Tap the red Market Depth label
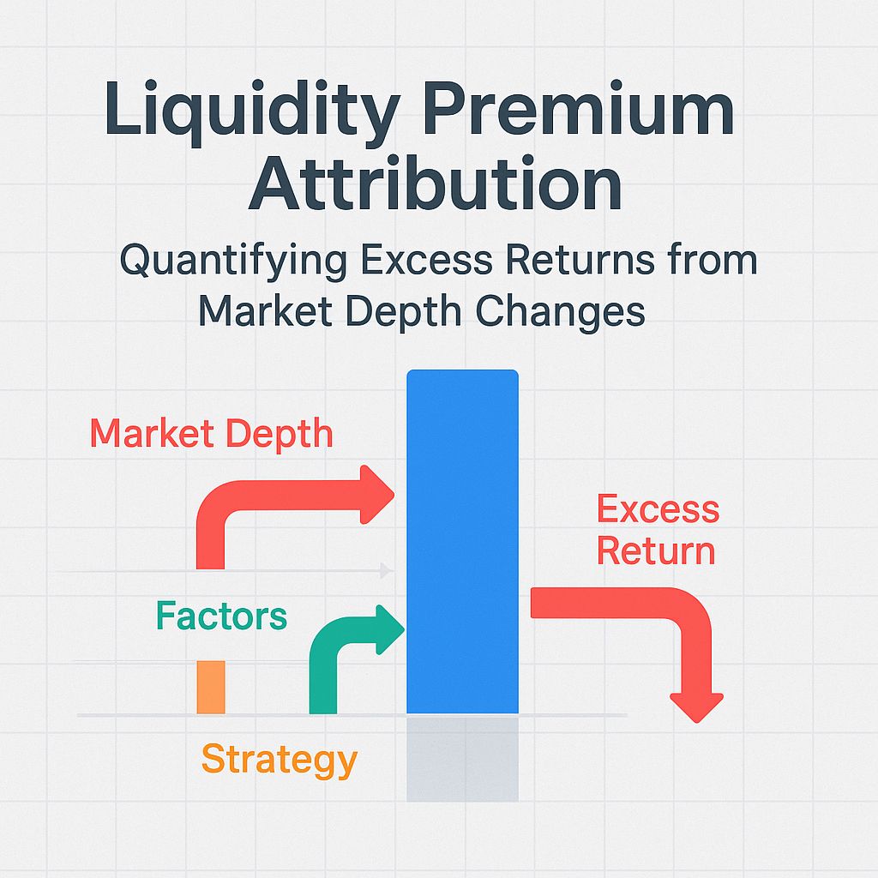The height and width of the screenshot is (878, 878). [211, 433]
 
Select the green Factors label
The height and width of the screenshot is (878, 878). [221, 616]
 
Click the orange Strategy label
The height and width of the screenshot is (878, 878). [279, 760]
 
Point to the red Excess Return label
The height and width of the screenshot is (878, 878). [658, 530]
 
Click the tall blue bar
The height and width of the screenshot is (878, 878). [462, 540]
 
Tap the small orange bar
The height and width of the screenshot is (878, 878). [211, 687]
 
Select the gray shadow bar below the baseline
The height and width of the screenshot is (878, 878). [462, 758]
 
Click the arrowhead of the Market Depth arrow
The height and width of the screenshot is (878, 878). [378, 495]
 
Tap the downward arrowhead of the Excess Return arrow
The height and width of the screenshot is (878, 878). [697, 706]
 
